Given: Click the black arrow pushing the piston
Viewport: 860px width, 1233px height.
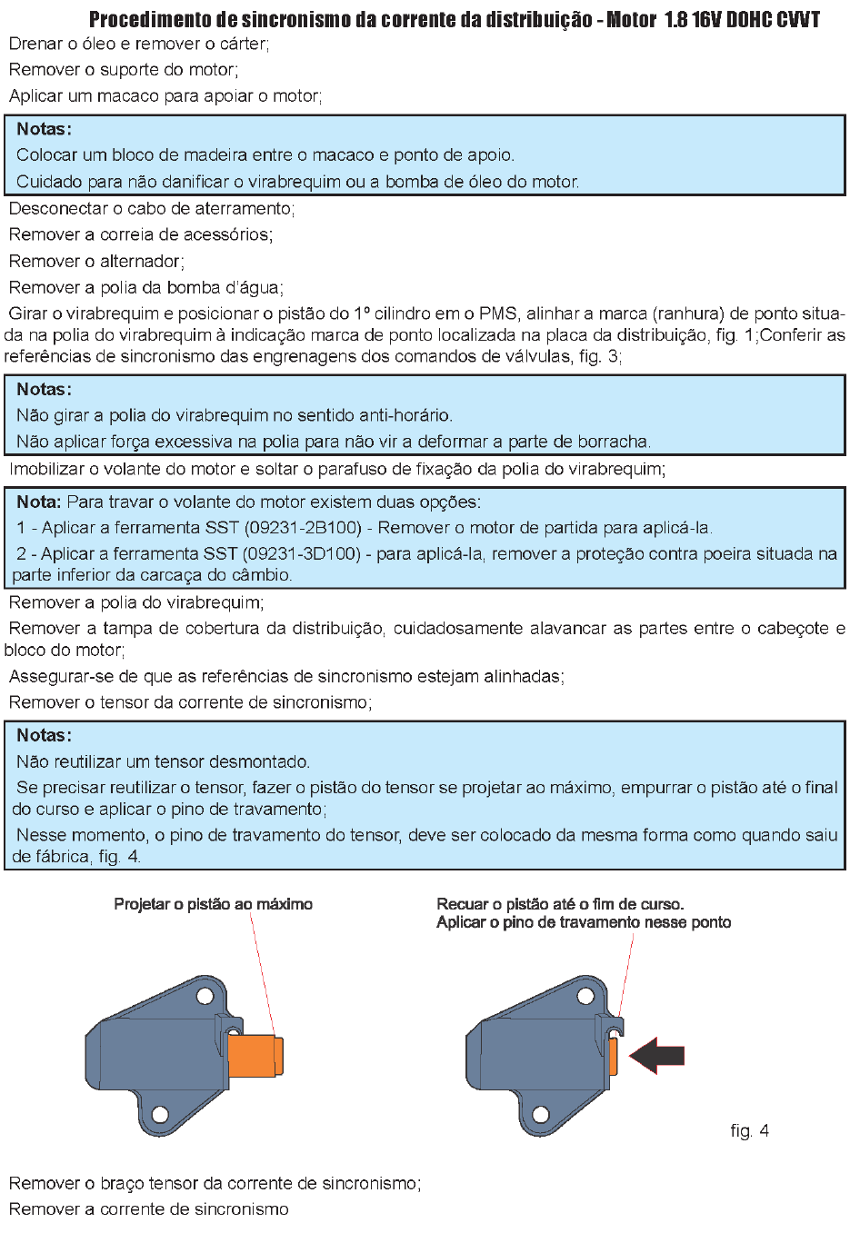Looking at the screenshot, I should (658, 1055).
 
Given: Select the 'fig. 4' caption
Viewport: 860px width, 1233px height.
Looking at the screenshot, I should (749, 1130).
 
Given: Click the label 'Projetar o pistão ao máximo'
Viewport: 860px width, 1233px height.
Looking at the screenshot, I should (213, 904).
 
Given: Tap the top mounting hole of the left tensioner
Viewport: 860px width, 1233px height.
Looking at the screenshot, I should (205, 997).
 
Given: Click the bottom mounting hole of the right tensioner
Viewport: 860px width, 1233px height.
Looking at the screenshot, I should (541, 1115).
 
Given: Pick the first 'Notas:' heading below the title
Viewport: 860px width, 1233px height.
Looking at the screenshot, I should (44, 129).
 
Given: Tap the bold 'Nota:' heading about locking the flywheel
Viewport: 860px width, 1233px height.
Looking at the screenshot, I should (38, 502).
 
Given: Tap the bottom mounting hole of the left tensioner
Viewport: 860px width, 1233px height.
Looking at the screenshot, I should (160, 1115).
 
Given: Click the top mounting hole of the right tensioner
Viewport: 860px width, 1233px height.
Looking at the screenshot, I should (585, 997).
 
